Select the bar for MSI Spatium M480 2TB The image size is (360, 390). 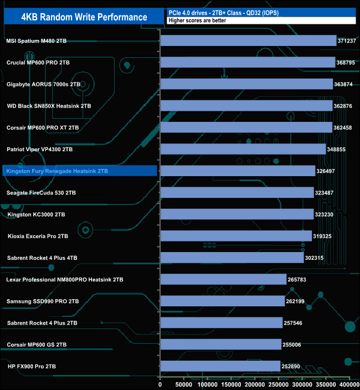(x=248, y=40)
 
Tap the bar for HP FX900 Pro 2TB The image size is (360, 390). (x=220, y=366)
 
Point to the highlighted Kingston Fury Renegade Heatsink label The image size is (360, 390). (x=56, y=171)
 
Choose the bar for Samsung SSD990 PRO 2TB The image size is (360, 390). (x=223, y=301)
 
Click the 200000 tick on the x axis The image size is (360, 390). (x=255, y=384)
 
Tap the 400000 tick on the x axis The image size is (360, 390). (x=349, y=384)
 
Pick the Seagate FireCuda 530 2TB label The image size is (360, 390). (x=42, y=193)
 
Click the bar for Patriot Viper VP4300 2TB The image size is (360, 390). (x=243, y=149)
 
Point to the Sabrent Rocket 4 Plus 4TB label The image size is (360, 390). (x=42, y=258)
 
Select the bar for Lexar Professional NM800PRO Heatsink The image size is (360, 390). (x=223, y=279)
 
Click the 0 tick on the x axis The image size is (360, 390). (x=160, y=384)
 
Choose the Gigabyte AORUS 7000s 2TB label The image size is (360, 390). (x=43, y=84)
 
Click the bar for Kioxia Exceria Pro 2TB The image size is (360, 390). (x=236, y=236)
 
